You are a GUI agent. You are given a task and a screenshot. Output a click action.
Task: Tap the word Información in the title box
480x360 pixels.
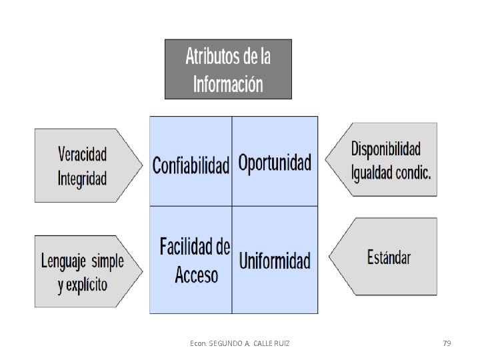click(228, 84)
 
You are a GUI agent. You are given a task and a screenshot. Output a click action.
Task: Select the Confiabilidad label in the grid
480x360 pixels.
click(191, 165)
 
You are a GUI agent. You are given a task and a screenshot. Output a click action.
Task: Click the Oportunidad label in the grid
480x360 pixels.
click(275, 163)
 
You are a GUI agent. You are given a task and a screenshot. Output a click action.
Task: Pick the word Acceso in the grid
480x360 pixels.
click(196, 275)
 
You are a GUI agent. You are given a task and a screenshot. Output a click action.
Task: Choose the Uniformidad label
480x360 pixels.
click(275, 261)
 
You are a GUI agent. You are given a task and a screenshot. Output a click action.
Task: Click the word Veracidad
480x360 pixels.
click(83, 154)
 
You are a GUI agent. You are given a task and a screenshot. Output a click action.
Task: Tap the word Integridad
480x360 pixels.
click(82, 179)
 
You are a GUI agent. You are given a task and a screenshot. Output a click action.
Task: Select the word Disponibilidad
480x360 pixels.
click(386, 149)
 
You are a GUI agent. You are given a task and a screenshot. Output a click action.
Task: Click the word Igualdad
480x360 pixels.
click(371, 173)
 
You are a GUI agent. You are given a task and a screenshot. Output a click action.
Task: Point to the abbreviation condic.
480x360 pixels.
click(413, 173)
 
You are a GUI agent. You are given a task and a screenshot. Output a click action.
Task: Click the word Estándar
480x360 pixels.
click(389, 257)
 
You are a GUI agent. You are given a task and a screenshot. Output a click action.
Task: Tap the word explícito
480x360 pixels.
click(87, 285)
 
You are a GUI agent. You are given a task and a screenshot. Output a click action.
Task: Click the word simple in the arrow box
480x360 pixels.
click(108, 261)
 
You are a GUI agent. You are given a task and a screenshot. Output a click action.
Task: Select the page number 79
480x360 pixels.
click(447, 343)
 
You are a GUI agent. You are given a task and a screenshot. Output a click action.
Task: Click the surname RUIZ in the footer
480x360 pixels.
click(281, 343)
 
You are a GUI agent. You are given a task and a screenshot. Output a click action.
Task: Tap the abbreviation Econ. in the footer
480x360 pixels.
click(199, 343)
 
